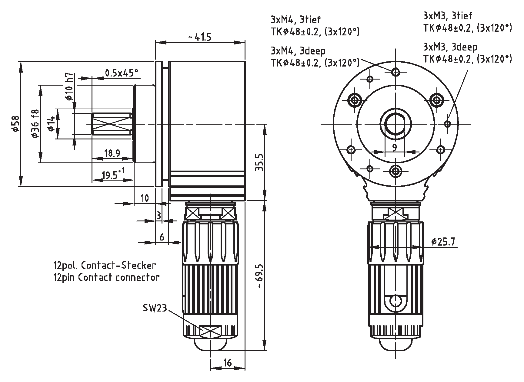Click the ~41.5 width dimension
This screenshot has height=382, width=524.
pos(200,37)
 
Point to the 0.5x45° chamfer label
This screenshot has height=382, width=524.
pos(121,73)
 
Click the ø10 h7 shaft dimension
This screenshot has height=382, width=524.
pos(69,87)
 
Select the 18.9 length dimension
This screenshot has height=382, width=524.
pos(112,153)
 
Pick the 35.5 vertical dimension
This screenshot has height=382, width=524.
pos(260,162)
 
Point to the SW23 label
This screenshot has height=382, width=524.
pos(155,308)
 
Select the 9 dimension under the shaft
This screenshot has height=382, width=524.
pos(394,148)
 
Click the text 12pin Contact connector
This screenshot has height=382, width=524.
pos(106,277)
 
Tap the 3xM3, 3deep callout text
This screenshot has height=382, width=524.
pos(450,47)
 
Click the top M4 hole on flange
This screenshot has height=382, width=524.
pos(396,72)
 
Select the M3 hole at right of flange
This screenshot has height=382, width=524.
pos(447,123)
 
